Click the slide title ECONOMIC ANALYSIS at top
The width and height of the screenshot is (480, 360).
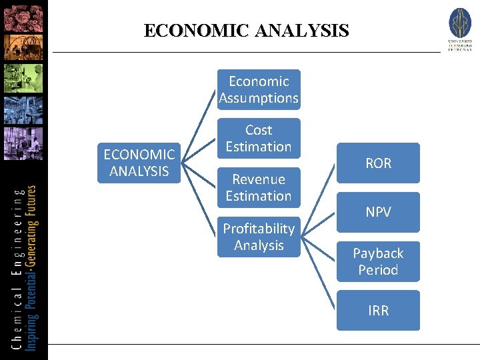tap(246, 31)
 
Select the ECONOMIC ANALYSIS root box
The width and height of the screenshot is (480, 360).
tap(139, 163)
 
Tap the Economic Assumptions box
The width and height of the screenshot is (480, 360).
tap(259, 89)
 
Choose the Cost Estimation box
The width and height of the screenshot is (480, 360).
tap(259, 138)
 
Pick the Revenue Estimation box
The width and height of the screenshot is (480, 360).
tap(259, 187)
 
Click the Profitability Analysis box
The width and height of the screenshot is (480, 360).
tap(259, 237)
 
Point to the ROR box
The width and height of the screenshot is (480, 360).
tap(378, 163)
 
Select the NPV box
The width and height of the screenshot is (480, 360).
tap(378, 212)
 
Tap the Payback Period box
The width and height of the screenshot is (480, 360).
tap(378, 261)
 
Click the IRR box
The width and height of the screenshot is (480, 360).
tap(378, 310)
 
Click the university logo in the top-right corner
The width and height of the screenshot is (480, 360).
tap(459, 28)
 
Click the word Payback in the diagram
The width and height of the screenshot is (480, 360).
tap(378, 253)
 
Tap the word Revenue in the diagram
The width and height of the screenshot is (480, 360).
tap(259, 179)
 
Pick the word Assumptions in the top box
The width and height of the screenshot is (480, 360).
tap(259, 98)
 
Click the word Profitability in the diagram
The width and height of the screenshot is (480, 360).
tap(259, 229)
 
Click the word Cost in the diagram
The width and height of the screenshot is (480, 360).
tap(259, 130)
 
